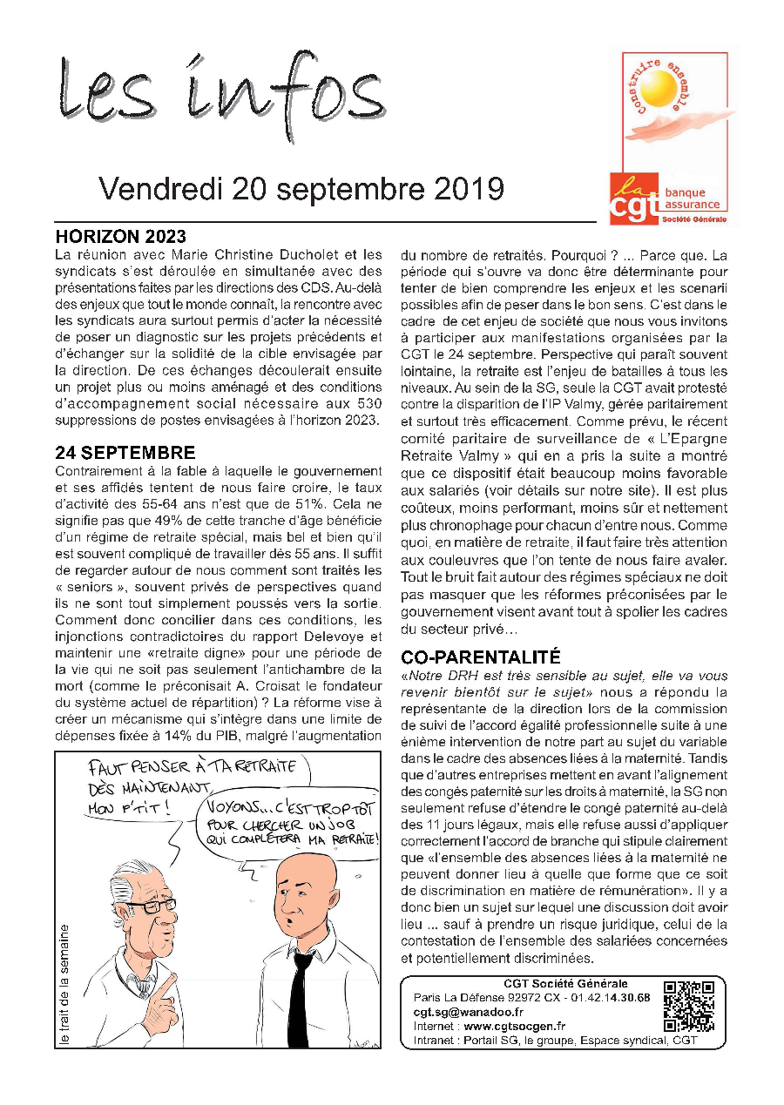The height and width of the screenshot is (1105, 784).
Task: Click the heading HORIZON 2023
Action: click(120, 237)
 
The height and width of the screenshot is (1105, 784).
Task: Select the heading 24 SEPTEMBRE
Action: click(125, 453)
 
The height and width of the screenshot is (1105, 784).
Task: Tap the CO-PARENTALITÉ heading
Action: click(480, 657)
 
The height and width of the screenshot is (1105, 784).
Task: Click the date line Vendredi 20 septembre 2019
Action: click(301, 188)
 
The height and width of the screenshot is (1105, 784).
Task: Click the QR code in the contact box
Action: click(689, 1007)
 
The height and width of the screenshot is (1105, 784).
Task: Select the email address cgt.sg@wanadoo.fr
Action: click(468, 1012)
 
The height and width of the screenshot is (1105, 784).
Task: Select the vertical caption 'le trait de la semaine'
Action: click(64, 978)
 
